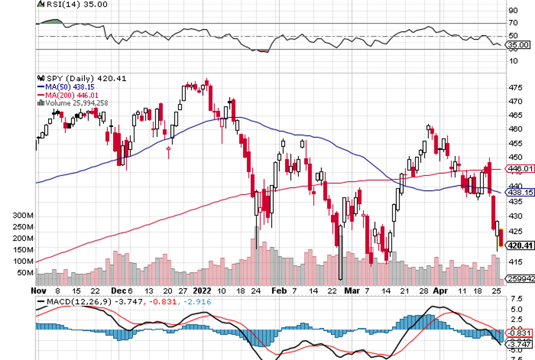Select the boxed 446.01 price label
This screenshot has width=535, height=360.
point(520,169)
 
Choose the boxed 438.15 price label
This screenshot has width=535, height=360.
point(520,193)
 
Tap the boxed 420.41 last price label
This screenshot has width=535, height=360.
point(520,246)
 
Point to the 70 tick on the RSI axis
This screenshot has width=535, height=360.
point(513,23)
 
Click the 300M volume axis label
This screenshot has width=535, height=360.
point(23,216)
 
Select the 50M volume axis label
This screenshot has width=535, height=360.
point(26,273)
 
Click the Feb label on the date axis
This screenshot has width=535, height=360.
point(279,290)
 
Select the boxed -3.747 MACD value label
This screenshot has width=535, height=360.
point(520,344)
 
